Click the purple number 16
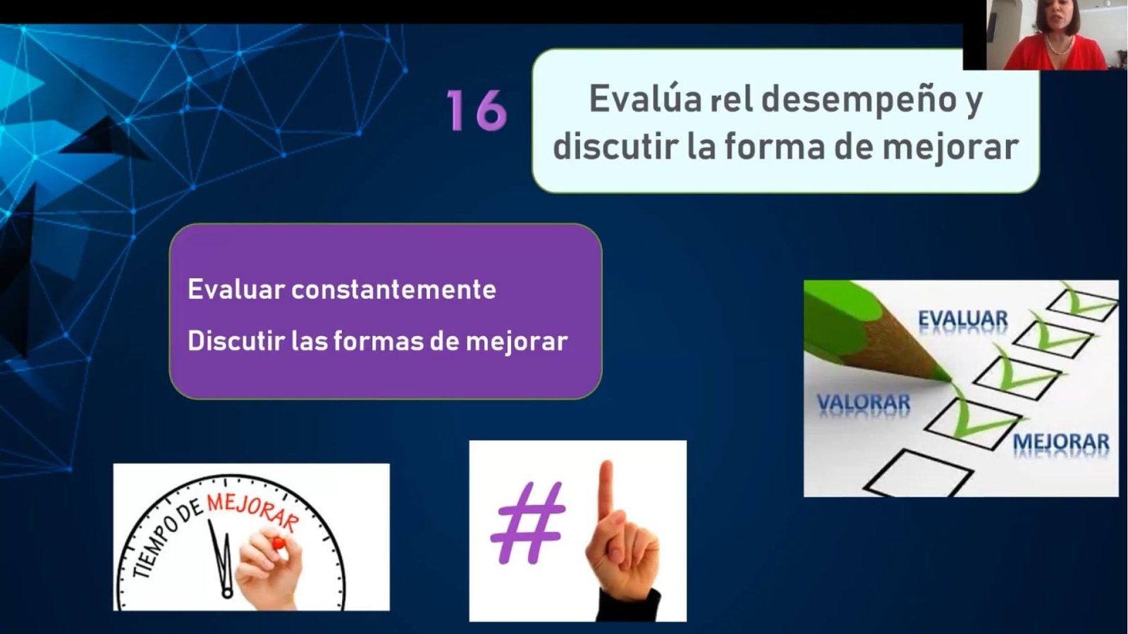tap(477, 111)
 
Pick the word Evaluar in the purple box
tap(236, 290)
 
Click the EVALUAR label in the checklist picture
tap(963, 319)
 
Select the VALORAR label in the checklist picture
tap(863, 402)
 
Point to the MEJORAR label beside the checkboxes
tap(1060, 442)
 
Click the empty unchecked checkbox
tap(917, 472)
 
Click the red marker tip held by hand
tap(278, 542)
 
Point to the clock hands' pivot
tap(227, 592)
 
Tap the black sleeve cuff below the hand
tap(629, 604)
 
